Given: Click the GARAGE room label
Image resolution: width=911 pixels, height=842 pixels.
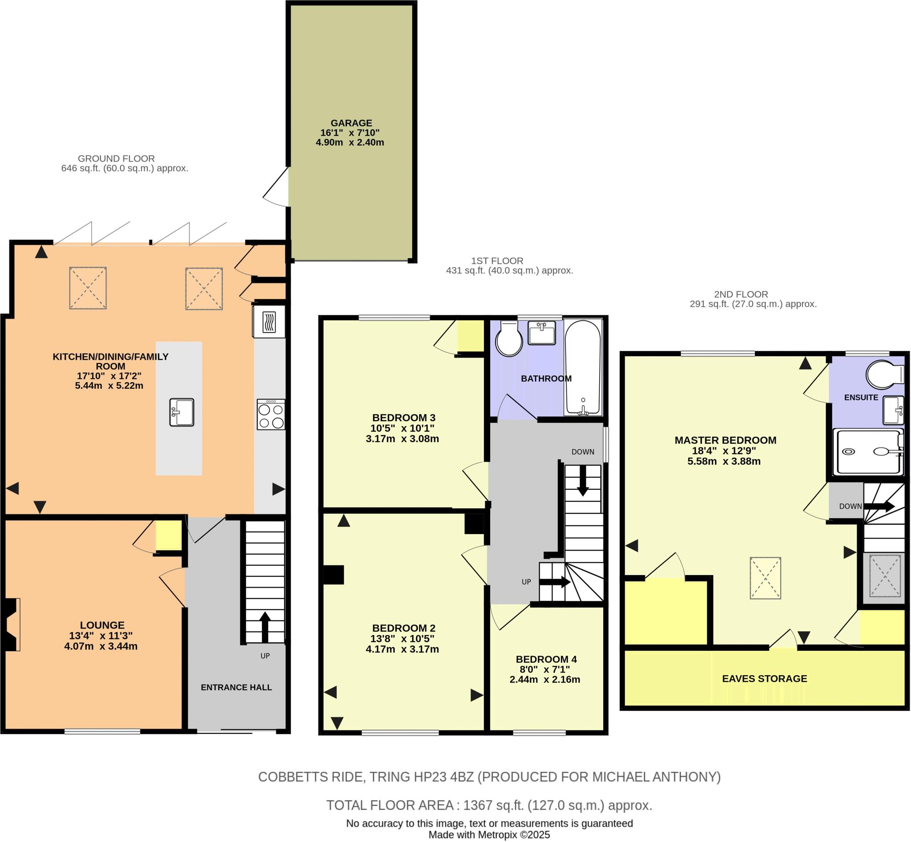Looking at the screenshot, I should [x=351, y=123].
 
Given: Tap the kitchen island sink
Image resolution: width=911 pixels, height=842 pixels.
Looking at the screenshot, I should [x=181, y=412].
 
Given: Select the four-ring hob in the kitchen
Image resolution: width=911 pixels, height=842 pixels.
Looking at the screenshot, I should [x=271, y=415].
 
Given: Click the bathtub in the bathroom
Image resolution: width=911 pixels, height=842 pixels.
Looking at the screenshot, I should [x=583, y=367].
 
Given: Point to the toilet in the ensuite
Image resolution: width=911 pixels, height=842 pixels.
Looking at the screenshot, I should [x=885, y=375].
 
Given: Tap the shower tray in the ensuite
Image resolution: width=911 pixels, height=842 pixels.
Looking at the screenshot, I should [x=868, y=452].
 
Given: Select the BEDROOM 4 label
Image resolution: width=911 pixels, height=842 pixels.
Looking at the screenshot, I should [x=546, y=659].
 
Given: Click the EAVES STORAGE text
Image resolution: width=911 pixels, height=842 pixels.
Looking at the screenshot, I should [x=764, y=678].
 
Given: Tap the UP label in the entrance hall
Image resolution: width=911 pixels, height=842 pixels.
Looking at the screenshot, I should [x=265, y=656].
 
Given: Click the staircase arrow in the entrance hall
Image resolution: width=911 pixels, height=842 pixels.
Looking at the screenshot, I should [x=265, y=626].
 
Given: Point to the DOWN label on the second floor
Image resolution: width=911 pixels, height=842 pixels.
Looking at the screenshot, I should [x=850, y=506].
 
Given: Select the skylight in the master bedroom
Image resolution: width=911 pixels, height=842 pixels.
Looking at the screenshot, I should [x=765, y=578].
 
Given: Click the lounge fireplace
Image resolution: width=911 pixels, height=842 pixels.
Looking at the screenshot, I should [x=11, y=624].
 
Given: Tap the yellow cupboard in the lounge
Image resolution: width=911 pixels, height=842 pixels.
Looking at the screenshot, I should [x=168, y=536].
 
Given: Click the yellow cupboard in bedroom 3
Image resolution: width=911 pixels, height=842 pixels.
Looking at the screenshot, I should [x=470, y=336].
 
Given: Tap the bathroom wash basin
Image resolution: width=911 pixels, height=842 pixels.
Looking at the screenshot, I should [x=541, y=333].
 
